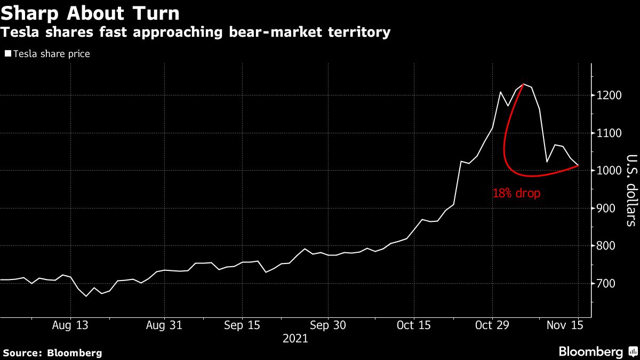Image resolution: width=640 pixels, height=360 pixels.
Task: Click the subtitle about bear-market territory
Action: (196, 33)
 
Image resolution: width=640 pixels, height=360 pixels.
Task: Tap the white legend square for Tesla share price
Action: (7, 54)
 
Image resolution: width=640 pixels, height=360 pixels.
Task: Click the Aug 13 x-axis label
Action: (70, 325)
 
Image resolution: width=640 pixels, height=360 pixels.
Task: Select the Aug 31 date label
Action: (164, 325)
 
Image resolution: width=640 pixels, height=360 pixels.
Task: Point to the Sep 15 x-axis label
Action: (243, 325)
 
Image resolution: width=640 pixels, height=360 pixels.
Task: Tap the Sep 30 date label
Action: (327, 325)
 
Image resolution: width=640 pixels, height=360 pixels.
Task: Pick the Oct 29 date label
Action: (492, 325)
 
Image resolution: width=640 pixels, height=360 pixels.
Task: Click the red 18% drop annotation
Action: (516, 194)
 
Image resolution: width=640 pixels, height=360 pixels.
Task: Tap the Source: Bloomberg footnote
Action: (52, 353)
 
